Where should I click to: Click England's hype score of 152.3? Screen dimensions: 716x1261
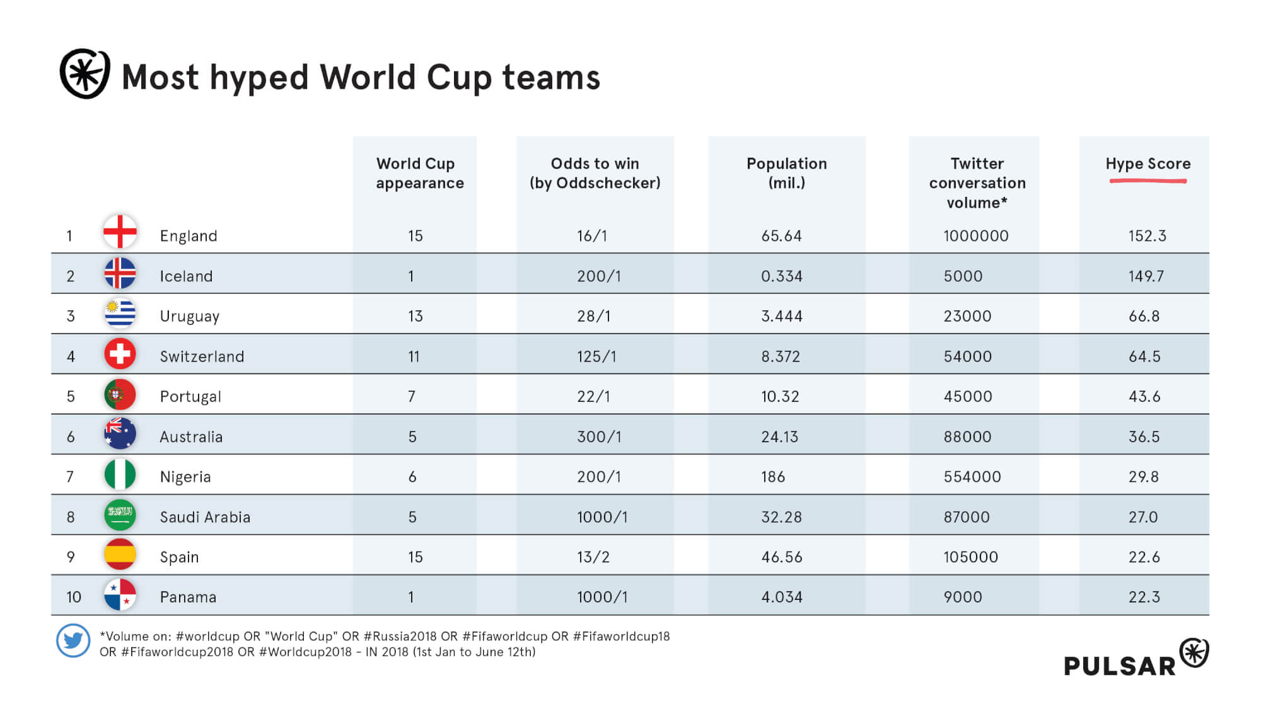click(1147, 236)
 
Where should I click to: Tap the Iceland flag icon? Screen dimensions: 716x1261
click(120, 274)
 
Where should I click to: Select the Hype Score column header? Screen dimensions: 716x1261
click(1148, 164)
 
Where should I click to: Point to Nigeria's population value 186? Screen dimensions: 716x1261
click(773, 477)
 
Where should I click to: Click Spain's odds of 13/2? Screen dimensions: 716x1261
click(593, 557)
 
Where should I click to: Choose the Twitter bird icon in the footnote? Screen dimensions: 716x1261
click(73, 641)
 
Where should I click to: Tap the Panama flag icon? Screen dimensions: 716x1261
click(120, 595)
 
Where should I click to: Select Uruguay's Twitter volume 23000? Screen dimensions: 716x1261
click(967, 316)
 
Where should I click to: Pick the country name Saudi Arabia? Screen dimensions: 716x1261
click(205, 517)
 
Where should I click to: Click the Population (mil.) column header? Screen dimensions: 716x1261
click(786, 173)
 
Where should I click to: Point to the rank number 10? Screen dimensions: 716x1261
click(74, 597)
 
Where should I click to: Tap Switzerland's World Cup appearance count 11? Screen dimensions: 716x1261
click(414, 356)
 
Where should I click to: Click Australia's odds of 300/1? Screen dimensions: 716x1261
click(599, 437)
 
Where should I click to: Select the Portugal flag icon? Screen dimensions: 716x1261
click(120, 394)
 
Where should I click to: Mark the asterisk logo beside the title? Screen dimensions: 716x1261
click(84, 74)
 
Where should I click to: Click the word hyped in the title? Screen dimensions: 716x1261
click(259, 78)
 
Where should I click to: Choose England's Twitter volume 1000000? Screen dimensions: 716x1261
click(975, 236)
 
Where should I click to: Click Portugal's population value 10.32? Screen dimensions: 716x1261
click(780, 397)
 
